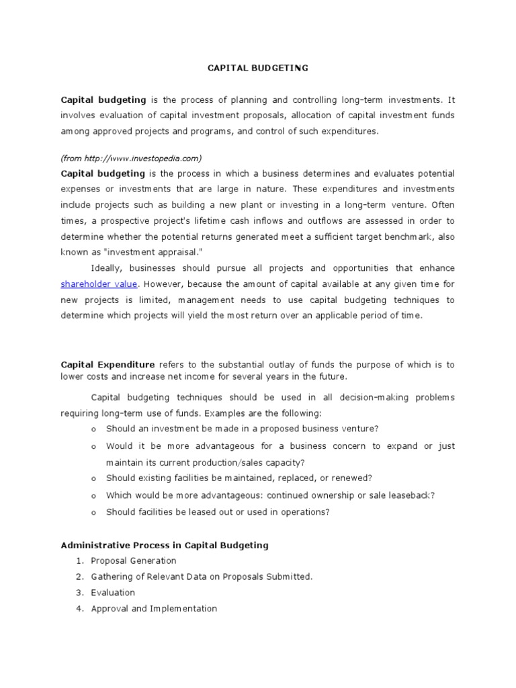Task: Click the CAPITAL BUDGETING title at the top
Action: click(257, 68)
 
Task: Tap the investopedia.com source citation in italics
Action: click(131, 158)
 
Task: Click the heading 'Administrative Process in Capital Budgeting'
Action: click(165, 545)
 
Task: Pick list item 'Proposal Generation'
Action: click(134, 560)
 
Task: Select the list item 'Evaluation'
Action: click(113, 593)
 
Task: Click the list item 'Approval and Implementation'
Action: click(154, 609)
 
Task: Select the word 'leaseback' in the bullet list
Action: click(409, 495)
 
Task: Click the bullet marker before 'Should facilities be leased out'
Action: click(93, 512)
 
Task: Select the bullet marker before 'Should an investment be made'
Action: click(93, 429)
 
